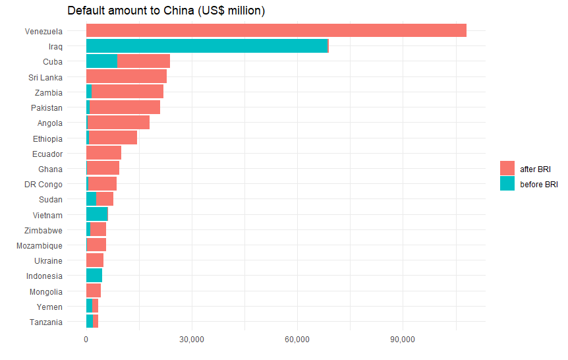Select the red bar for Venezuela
click(x=276, y=30)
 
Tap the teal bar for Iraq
click(x=207, y=45)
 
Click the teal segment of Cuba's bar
click(x=101, y=61)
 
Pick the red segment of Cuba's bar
click(x=144, y=61)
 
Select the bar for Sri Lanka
click(x=127, y=76)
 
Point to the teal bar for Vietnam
click(x=97, y=214)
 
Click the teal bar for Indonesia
click(x=94, y=276)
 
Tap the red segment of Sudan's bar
click(x=105, y=199)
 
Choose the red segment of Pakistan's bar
click(x=125, y=107)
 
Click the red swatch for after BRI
click(x=507, y=169)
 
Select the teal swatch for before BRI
click(x=507, y=185)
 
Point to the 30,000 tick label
click(x=192, y=340)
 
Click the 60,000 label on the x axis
click(x=297, y=340)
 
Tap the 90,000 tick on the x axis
click(x=403, y=340)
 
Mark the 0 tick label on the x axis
click(x=86, y=340)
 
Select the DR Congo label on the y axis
click(x=43, y=184)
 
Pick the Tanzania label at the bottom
click(x=46, y=322)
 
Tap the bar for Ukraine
click(x=95, y=260)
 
